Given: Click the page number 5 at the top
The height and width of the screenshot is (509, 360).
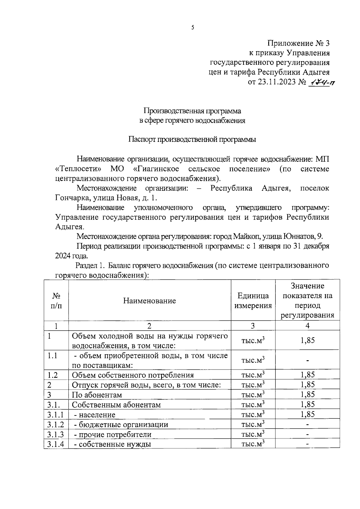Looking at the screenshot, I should point(193,28).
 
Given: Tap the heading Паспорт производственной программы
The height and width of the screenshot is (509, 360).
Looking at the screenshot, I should point(192,140).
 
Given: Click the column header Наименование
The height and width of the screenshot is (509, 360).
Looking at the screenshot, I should point(149,301).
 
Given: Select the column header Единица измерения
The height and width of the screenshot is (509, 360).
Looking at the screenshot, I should point(253,301).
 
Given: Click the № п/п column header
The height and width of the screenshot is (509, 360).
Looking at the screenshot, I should point(56,301).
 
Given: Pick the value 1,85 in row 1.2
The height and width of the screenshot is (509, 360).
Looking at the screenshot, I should point(307,375).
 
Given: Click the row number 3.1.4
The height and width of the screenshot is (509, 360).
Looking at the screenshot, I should point(55,444).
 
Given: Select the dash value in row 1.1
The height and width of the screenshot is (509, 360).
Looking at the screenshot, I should point(307,360).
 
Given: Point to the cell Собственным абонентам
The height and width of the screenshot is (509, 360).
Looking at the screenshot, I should point(116,405).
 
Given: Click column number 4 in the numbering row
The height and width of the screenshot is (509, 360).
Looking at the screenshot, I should point(307,326).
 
